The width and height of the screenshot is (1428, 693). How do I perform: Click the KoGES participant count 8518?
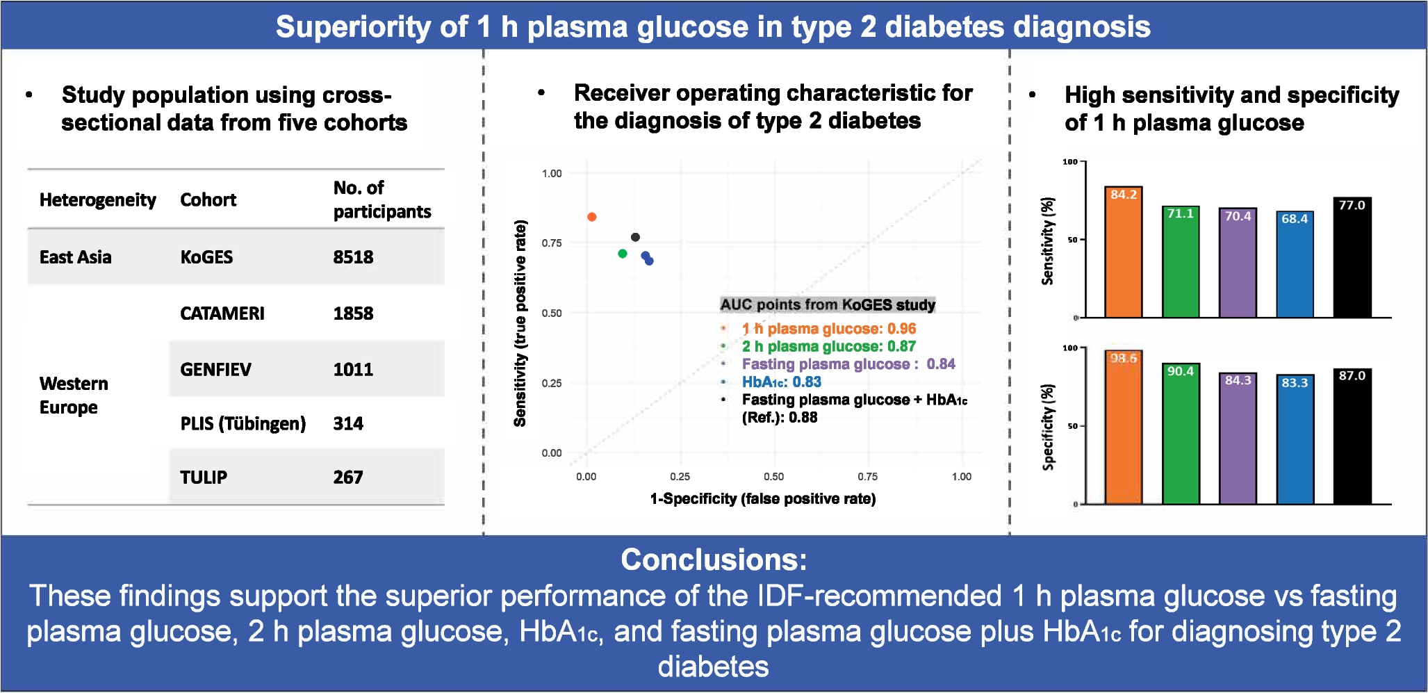pyautogui.click(x=353, y=257)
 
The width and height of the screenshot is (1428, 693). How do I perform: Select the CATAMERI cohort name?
pyautogui.click(x=222, y=313)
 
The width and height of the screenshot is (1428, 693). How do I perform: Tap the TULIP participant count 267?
pyautogui.click(x=348, y=478)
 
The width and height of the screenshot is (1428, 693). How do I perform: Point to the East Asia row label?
pyautogui.click(x=75, y=257)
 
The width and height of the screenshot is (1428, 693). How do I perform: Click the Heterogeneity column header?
pyautogui.click(x=97, y=200)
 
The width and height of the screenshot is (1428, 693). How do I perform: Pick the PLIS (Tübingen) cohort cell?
pyautogui.click(x=243, y=423)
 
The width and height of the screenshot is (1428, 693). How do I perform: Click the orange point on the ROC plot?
pyautogui.click(x=592, y=217)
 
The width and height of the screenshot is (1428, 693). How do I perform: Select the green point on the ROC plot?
pyautogui.click(x=623, y=254)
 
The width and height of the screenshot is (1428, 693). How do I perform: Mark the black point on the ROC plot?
pyautogui.click(x=635, y=237)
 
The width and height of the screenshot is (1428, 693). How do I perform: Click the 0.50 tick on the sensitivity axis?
pyautogui.click(x=552, y=313)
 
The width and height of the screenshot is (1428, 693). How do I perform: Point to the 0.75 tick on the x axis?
pyautogui.click(x=867, y=477)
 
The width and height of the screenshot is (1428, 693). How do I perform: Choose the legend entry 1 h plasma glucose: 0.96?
pyautogui.click(x=828, y=329)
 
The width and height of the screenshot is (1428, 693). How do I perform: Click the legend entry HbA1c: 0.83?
pyautogui.click(x=781, y=382)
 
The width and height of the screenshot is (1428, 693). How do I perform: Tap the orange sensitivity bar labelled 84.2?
pyautogui.click(x=1124, y=254)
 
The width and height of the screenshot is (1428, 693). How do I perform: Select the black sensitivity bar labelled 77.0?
pyautogui.click(x=1352, y=259)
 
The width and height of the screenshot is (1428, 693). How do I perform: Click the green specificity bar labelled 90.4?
pyautogui.click(x=1181, y=434)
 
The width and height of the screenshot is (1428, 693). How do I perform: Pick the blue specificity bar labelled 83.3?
pyautogui.click(x=1295, y=440)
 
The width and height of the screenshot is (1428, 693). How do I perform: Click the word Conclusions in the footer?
pyautogui.click(x=714, y=560)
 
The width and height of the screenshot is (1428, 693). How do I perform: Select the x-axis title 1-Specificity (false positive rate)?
pyautogui.click(x=763, y=498)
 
